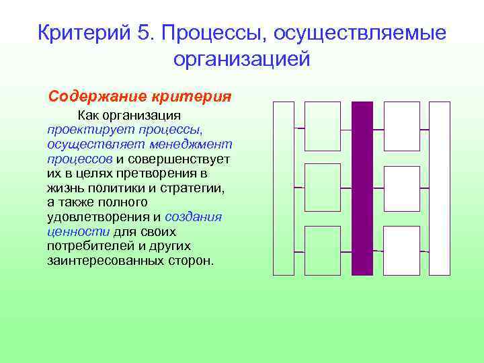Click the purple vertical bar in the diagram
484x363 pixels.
click(x=362, y=188)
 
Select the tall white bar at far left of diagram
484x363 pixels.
click(x=284, y=188)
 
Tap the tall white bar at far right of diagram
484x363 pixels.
click(x=440, y=188)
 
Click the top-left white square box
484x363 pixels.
click(x=323, y=126)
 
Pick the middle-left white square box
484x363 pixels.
click(x=323, y=188)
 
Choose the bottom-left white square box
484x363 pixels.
click(x=323, y=250)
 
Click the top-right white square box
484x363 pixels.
click(x=401, y=126)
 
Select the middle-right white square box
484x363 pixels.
click(x=401, y=188)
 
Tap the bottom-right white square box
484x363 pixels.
click(x=401, y=250)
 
